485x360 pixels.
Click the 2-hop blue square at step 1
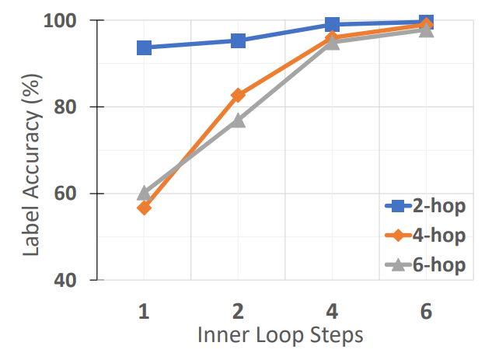point(144,47)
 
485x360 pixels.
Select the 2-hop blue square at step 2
point(239,40)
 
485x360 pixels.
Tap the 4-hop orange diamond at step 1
point(144,208)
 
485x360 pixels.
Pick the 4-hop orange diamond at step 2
point(239,95)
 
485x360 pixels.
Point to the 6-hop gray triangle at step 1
point(144,192)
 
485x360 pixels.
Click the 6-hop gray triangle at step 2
point(239,120)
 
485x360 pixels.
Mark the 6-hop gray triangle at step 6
point(427,30)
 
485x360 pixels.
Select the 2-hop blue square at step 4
point(333,24)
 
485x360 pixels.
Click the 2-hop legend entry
point(425,206)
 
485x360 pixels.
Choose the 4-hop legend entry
point(425,236)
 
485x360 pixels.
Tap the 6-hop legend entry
point(425,265)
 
